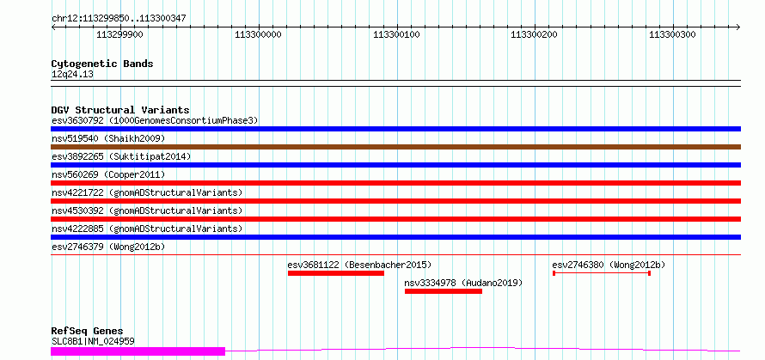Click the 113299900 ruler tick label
point(120,35)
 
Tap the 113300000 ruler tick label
point(258,35)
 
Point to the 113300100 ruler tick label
point(396,35)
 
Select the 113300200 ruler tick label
point(534,35)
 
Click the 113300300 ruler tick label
point(672,35)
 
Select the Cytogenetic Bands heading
point(102,64)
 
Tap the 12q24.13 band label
point(72,74)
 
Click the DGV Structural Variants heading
point(119,110)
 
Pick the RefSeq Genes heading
point(87,331)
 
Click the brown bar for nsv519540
point(395,147)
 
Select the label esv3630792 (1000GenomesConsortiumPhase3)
point(155,120)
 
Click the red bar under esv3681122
point(335,273)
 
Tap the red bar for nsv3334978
point(443,291)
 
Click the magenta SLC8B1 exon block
point(138,351)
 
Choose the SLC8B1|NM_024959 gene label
point(93,341)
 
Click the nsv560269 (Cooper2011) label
point(108,174)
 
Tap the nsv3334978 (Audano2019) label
point(463,283)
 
